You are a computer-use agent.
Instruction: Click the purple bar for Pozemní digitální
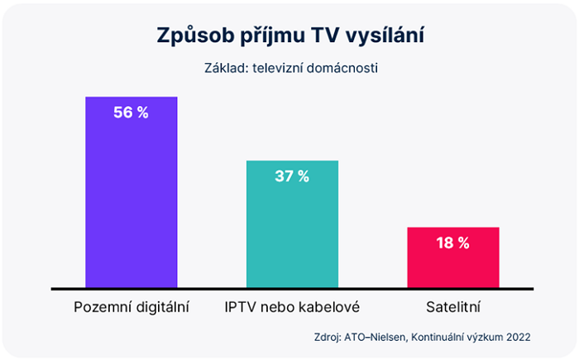pos(132,199)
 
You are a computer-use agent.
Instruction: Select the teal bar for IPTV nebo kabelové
pos(292,232)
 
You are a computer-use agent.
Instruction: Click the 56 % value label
pos(132,113)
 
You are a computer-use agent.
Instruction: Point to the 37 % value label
pos(292,175)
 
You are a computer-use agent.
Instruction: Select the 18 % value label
pos(452,242)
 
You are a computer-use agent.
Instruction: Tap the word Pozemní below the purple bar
pos(102,308)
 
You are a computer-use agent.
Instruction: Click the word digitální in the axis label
pos(160,308)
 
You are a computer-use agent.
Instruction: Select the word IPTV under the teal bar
pos(240,308)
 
